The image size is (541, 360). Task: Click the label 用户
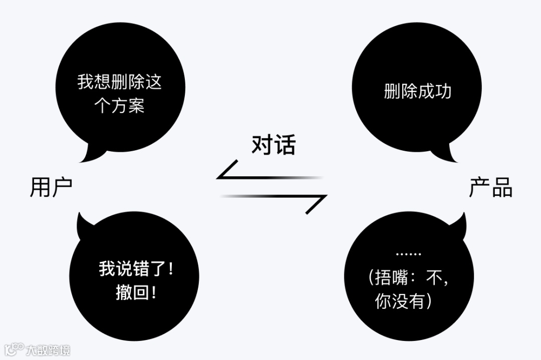coord(51,187)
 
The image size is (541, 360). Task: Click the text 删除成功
coord(418,91)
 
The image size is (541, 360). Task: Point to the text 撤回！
coord(136,292)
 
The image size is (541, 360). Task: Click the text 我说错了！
coord(136,269)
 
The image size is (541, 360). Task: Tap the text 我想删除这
coord(120,82)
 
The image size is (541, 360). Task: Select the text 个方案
coord(120,106)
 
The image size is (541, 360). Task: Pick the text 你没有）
coord(403,301)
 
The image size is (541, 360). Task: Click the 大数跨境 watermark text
coord(48,349)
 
